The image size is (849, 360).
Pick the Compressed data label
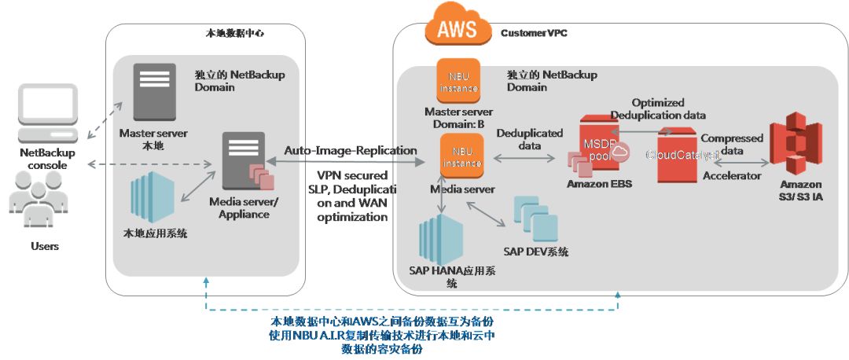pyautogui.click(x=731, y=144)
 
